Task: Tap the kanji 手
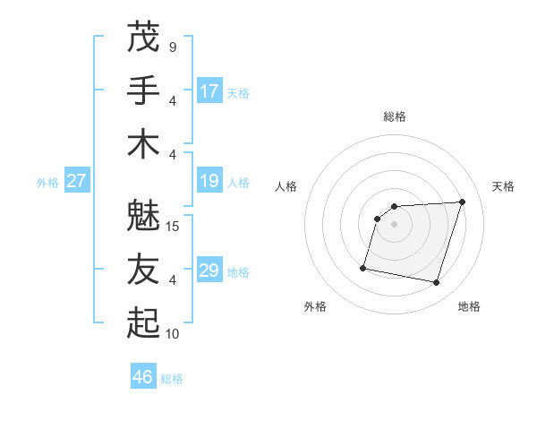click(x=143, y=90)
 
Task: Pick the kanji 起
click(x=143, y=323)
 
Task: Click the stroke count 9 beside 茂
click(x=172, y=47)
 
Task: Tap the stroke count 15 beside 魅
click(x=173, y=226)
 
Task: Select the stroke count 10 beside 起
click(x=173, y=333)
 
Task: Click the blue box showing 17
click(x=209, y=91)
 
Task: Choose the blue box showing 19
click(x=209, y=181)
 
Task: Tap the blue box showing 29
click(x=209, y=271)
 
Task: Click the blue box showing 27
click(x=76, y=181)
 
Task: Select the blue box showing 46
click(x=143, y=377)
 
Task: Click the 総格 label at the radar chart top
click(x=394, y=116)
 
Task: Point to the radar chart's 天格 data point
click(x=462, y=202)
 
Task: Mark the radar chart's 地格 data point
click(x=437, y=283)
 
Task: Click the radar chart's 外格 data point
click(x=363, y=267)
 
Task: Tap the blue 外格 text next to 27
click(x=47, y=183)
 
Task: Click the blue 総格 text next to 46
click(x=172, y=379)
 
